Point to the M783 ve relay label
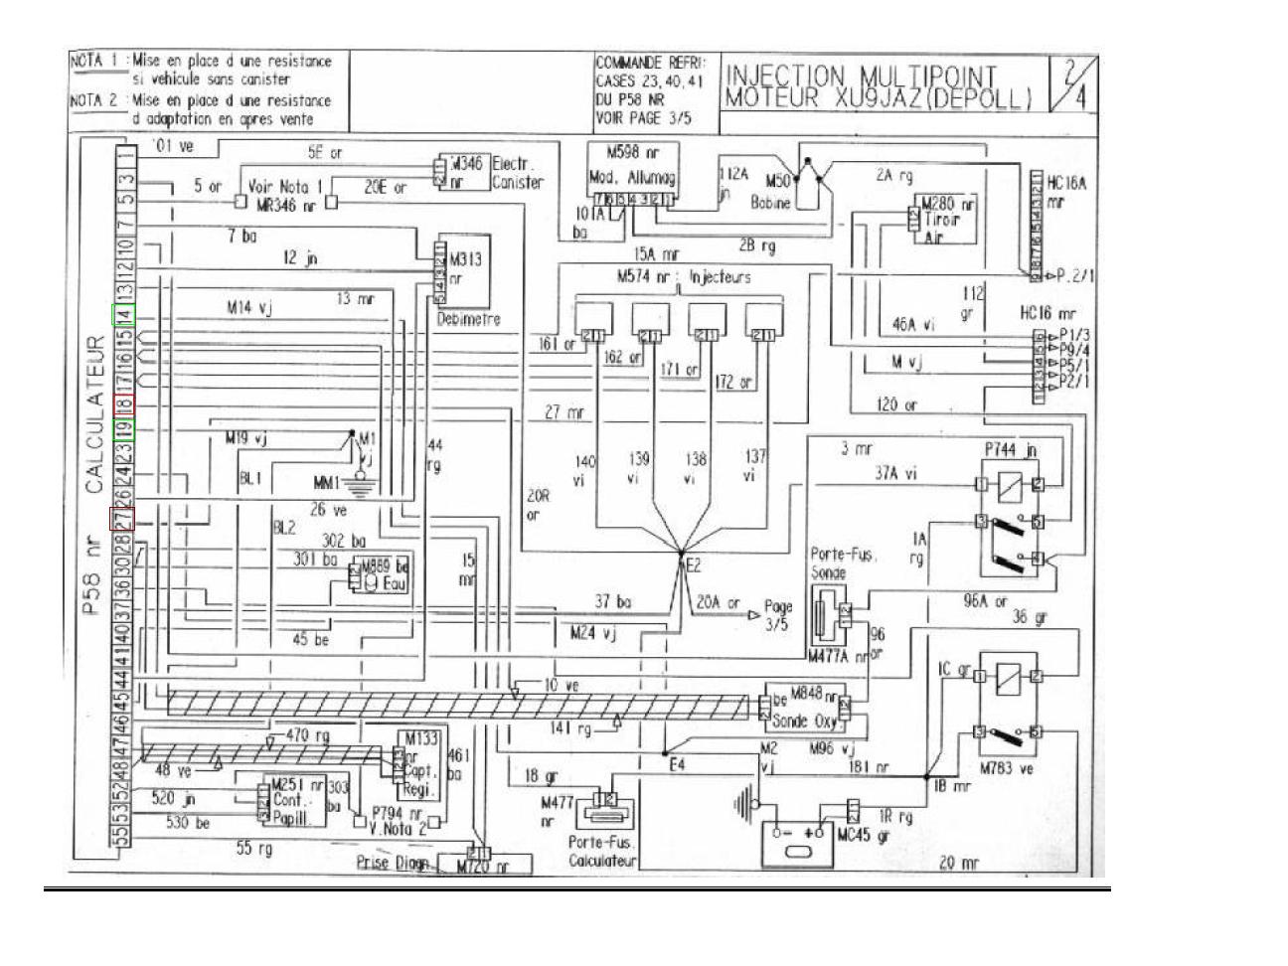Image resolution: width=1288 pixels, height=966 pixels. [x=1009, y=767]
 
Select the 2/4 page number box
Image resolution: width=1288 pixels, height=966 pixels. [x=1072, y=82]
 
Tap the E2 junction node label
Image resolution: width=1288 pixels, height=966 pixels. [x=695, y=566]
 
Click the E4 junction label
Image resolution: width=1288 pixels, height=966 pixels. [x=678, y=764]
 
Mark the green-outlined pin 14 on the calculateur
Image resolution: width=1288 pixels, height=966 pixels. [x=122, y=315]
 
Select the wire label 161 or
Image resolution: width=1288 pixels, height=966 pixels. [x=556, y=345]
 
